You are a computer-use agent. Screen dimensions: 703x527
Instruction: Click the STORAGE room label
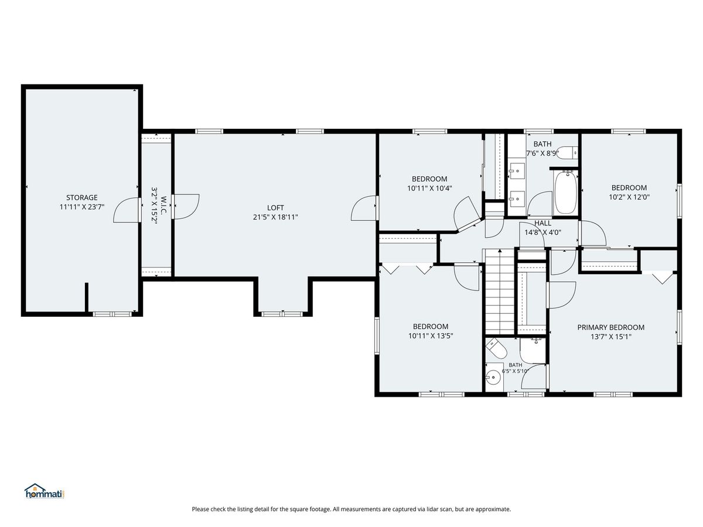point(81,197)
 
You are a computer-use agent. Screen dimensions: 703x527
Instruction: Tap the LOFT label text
point(275,208)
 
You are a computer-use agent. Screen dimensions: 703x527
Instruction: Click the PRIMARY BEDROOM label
point(611,327)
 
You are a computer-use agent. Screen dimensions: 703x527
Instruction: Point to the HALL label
point(542,223)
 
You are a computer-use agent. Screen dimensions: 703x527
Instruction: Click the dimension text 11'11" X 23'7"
point(82,207)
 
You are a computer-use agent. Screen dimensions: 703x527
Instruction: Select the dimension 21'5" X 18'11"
point(275,217)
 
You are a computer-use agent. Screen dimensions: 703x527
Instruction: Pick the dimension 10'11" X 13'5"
point(431,336)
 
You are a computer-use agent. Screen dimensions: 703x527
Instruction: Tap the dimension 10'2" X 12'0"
point(629,197)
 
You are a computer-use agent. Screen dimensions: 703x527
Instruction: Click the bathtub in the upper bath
point(566,193)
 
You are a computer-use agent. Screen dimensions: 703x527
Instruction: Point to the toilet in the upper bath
point(568,152)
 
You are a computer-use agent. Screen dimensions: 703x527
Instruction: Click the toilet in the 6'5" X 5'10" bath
point(496,349)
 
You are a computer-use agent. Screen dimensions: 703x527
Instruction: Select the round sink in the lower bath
point(493,377)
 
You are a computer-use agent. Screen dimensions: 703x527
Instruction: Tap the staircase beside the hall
point(500,292)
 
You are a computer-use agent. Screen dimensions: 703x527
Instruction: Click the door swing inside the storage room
point(127,210)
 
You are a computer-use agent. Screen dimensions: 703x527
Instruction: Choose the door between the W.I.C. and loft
point(185,206)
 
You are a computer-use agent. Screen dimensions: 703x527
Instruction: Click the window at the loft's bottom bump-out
point(282,314)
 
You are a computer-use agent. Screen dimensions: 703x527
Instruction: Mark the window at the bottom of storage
point(112,314)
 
